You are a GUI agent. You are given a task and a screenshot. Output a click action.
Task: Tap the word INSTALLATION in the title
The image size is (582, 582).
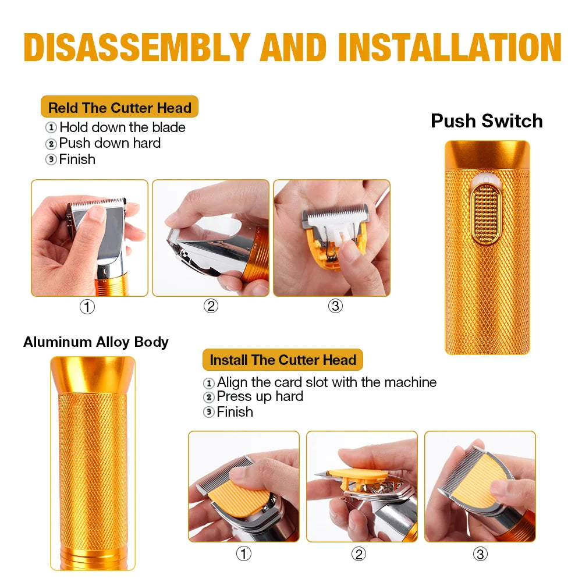pyautogui.click(x=450, y=47)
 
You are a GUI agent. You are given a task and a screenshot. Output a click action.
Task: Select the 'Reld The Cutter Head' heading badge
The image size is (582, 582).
pyautogui.click(x=119, y=107)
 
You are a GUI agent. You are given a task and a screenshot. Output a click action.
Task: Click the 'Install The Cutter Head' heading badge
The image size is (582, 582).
pyautogui.click(x=283, y=360)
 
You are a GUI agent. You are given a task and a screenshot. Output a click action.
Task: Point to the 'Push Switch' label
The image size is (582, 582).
pyautogui.click(x=487, y=121)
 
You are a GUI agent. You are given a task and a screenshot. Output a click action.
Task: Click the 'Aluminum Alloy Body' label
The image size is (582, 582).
pyautogui.click(x=96, y=342)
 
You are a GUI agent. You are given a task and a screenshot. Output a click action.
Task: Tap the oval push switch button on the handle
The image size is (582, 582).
pyautogui.click(x=486, y=214)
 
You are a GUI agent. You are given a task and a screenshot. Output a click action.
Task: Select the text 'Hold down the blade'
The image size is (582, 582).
pyautogui.click(x=122, y=127)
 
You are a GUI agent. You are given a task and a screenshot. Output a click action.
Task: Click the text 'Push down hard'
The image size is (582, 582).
pyautogui.click(x=110, y=143)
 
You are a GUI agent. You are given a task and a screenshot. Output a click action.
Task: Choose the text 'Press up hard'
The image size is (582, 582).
pyautogui.click(x=260, y=397)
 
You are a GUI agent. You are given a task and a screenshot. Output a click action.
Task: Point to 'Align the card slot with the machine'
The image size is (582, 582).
pyautogui.click(x=327, y=382)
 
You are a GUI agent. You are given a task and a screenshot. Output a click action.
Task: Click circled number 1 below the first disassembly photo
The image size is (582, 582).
pyautogui.click(x=87, y=307)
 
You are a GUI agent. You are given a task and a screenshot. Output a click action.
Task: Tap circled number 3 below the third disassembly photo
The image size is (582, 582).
pyautogui.click(x=335, y=306)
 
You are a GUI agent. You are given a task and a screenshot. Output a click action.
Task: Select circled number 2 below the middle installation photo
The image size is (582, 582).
pyautogui.click(x=359, y=554)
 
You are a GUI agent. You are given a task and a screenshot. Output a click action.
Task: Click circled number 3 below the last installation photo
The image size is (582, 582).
pyautogui.click(x=480, y=554)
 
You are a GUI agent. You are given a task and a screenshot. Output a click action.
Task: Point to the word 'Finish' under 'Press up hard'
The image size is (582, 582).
pyautogui.click(x=235, y=412)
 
